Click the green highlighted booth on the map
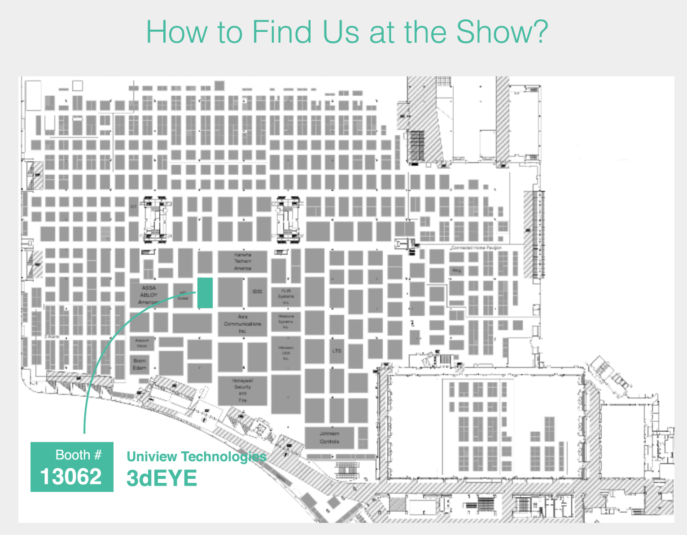tap(205, 293)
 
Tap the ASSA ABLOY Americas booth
tap(149, 295)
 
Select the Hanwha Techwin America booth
tap(242, 261)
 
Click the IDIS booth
tap(257, 292)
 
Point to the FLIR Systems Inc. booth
tap(286, 296)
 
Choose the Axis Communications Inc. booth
tap(242, 324)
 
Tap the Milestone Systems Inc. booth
tap(286, 322)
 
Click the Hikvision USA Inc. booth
tap(286, 353)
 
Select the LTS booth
tap(337, 350)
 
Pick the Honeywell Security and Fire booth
tap(242, 390)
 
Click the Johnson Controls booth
tap(329, 438)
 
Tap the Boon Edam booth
tap(140, 364)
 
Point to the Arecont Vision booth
tap(142, 343)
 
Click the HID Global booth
tap(183, 295)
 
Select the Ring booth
tap(457, 271)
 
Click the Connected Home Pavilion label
tap(476, 248)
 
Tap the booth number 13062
tap(71, 477)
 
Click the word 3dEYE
tap(162, 478)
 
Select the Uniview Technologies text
tap(197, 457)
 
